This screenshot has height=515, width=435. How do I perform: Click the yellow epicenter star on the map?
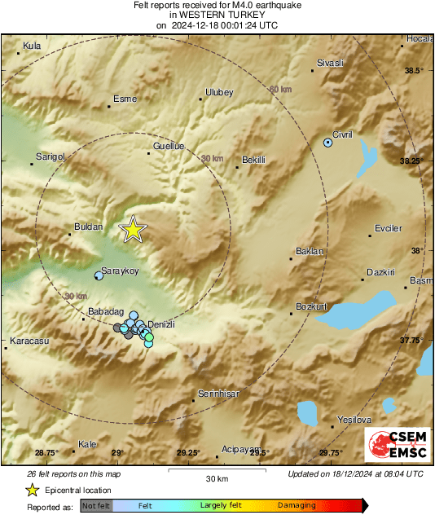click(x=131, y=231)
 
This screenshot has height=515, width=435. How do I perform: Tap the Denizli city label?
click(x=160, y=324)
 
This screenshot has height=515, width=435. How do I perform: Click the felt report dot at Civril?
click(x=328, y=142)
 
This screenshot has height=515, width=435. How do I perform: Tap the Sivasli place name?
click(x=330, y=63)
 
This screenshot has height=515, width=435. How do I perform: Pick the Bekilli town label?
click(x=255, y=160)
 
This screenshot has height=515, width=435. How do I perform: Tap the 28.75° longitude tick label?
click(x=47, y=452)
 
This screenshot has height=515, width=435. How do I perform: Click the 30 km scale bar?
click(x=216, y=470)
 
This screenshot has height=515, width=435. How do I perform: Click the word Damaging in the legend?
click(x=297, y=505)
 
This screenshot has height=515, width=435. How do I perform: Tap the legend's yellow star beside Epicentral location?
click(x=32, y=490)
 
